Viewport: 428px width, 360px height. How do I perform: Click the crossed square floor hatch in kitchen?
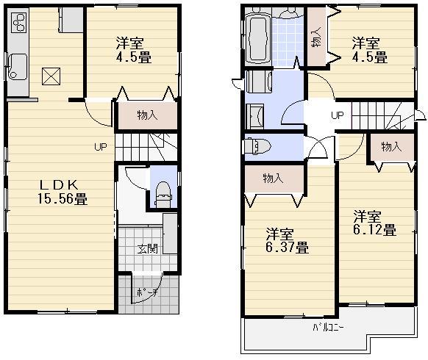pos(51,76)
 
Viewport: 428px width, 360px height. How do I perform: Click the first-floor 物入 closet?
pos(147,115)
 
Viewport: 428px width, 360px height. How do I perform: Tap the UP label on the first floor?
pos(100,146)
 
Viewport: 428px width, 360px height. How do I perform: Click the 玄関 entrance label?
pos(146,249)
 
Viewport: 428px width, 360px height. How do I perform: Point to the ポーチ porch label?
pos(146,293)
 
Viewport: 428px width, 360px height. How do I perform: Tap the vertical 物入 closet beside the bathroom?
pos(315,41)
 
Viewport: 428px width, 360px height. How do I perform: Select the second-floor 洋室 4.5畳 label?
pos(368,49)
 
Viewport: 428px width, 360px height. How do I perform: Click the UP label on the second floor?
pos(337,115)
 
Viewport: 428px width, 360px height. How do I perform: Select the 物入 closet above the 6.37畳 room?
pos(274,179)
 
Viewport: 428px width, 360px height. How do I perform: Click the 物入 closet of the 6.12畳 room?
pos(390,147)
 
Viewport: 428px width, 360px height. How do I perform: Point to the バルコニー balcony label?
pos(329,327)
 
